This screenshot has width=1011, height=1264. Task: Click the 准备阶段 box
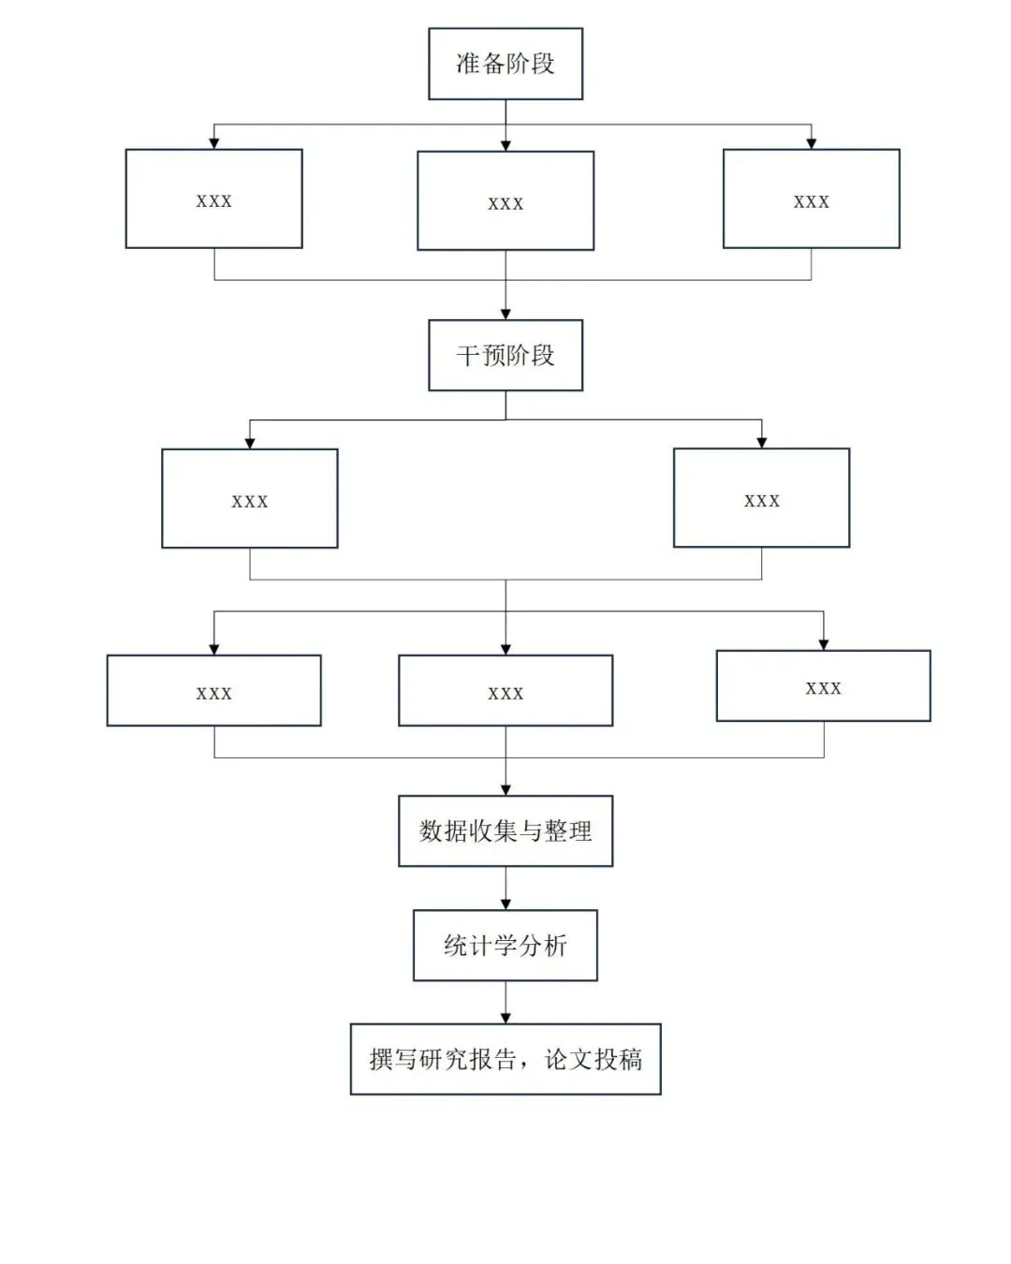click(505, 64)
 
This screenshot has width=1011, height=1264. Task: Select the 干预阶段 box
click(505, 355)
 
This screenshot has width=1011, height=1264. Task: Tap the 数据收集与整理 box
click(505, 830)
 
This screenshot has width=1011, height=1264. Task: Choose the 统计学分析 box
click(505, 945)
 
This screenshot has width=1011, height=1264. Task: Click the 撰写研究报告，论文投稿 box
click(505, 1059)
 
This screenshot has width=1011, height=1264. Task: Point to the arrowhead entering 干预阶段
click(505, 315)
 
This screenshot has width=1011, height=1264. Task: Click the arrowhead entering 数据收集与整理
click(505, 790)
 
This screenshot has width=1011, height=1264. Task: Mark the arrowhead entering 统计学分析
click(505, 904)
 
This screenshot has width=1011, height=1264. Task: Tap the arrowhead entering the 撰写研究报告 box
click(505, 1019)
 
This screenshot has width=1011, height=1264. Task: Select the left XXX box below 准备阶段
click(213, 198)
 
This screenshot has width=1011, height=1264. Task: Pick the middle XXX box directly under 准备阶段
click(505, 201)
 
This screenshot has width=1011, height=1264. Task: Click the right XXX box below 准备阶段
click(811, 198)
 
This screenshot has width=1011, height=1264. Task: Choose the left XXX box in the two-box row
click(250, 499)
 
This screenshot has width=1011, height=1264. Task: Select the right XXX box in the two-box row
click(761, 498)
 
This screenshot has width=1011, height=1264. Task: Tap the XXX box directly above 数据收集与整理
click(505, 691)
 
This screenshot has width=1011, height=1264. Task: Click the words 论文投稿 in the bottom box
click(593, 1060)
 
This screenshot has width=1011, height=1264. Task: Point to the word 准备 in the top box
click(480, 64)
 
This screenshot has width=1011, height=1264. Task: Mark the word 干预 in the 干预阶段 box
click(480, 356)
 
